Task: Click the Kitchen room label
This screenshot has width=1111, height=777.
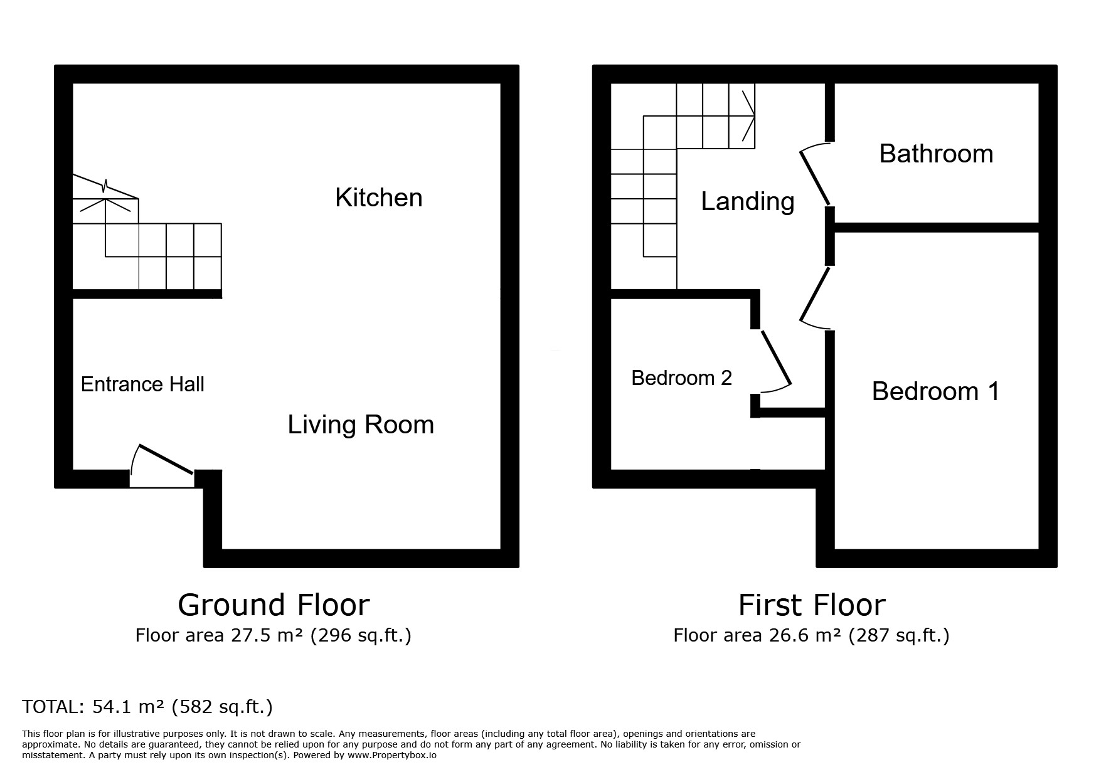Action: [x=378, y=198]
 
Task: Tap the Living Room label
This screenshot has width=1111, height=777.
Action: [x=361, y=425]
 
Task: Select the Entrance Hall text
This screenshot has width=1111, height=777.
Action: [x=142, y=384]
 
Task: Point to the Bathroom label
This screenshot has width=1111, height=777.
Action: [x=936, y=154]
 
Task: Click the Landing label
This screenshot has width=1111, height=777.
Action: [x=748, y=201]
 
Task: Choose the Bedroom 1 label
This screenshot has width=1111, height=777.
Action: [x=935, y=391]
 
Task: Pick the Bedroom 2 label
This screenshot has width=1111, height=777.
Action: [x=681, y=378]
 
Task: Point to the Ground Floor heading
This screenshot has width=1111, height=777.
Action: [x=274, y=605]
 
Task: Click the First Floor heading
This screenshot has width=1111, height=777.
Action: [x=812, y=605]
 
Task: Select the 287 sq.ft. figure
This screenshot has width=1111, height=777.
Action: [x=898, y=635]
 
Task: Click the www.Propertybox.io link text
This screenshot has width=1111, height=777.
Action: [x=392, y=756]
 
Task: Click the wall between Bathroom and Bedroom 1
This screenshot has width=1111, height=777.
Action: [x=937, y=227]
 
